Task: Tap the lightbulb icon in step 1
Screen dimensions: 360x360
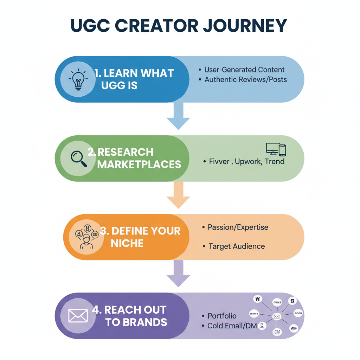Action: pyautogui.click(x=78, y=79)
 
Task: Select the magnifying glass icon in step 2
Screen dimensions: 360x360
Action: pyautogui.click(x=78, y=158)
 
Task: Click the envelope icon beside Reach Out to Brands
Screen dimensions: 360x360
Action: pyautogui.click(x=78, y=316)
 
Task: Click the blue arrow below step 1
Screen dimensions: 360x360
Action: pyautogui.click(x=178, y=116)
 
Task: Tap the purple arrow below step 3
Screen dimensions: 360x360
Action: pyautogui.click(x=178, y=274)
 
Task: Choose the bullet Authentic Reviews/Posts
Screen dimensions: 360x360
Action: pyautogui.click(x=245, y=79)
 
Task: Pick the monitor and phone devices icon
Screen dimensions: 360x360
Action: pyautogui.click(x=276, y=149)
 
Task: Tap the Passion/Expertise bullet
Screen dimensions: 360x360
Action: pyautogui.click(x=238, y=227)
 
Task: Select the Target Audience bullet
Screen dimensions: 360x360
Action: pyautogui.click(x=237, y=246)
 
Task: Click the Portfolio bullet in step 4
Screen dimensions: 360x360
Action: pyautogui.click(x=222, y=316)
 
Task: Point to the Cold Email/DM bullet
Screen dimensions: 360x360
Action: pyautogui.click(x=232, y=326)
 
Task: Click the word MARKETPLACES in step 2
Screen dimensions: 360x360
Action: pyautogui.click(x=139, y=164)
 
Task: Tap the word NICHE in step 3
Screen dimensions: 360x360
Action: pyautogui.click(x=127, y=243)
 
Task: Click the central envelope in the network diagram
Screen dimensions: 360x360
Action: pyautogui.click(x=276, y=317)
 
